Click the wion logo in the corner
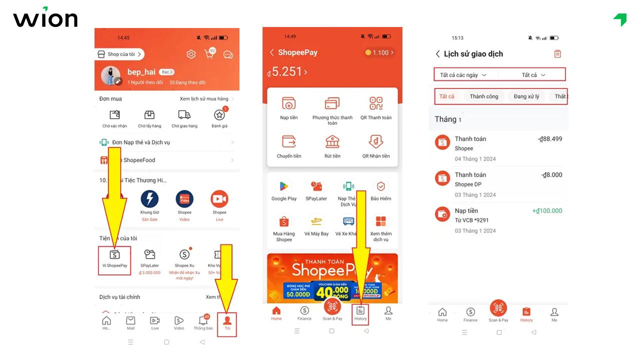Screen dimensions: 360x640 coord(45,18)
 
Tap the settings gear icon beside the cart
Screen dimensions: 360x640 coord(191,54)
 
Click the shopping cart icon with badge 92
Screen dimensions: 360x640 coord(209,54)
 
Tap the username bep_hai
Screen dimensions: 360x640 coord(141,72)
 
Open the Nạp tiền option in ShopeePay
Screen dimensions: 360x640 coord(288,104)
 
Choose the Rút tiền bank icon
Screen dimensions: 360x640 coord(332,142)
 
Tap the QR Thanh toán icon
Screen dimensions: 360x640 coord(376,104)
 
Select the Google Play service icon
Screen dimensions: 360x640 coord(284,186)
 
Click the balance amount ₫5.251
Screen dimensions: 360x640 coord(287,72)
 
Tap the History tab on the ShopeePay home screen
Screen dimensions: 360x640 coord(360,312)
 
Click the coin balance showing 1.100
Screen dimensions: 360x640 coord(379,52)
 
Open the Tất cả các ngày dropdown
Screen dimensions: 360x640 coord(463,75)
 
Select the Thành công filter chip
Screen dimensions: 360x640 coord(483,96)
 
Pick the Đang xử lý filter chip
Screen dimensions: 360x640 coord(526,96)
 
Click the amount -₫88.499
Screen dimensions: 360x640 coord(549,139)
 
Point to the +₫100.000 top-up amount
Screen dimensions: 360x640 coord(547,211)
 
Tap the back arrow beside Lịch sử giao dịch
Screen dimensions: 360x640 coord(437,54)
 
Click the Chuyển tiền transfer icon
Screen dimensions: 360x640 coord(289,142)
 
